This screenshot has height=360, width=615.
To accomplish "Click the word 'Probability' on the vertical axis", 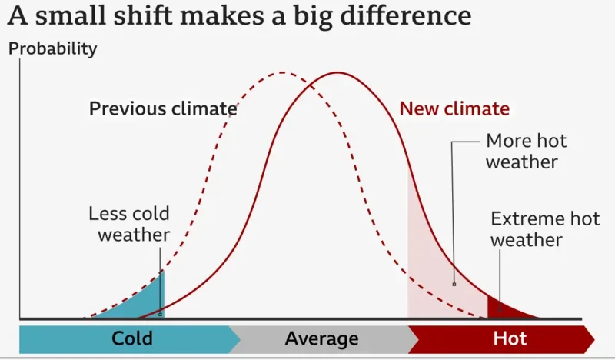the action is coord(52,49).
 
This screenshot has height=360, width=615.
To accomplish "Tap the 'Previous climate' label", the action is coord(163,108).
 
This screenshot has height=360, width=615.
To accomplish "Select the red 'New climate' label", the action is coord(454,108).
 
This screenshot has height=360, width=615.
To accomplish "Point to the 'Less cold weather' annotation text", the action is coord(129,224).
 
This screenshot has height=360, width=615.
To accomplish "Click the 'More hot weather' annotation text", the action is coord(527,151).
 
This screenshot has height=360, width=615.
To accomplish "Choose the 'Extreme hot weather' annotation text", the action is coord(545,229).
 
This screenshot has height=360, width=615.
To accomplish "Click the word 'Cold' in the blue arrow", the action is coord(132,338).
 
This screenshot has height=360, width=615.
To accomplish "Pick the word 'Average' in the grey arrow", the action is coord(321,338).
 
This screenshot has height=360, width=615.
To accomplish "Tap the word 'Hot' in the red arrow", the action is coord(510,338).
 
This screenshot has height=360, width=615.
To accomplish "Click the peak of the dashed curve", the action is coord(282,72).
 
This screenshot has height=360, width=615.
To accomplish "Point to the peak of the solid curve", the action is coord(337,72).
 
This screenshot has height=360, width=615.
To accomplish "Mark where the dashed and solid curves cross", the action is coord(311,85).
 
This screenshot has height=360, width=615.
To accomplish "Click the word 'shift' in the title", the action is coord(142,15).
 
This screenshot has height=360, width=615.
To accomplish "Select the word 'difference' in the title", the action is coord(406,15).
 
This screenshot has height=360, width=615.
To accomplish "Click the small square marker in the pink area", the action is coord(454,285).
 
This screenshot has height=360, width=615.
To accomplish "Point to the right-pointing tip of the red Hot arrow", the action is coord(594,338).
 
